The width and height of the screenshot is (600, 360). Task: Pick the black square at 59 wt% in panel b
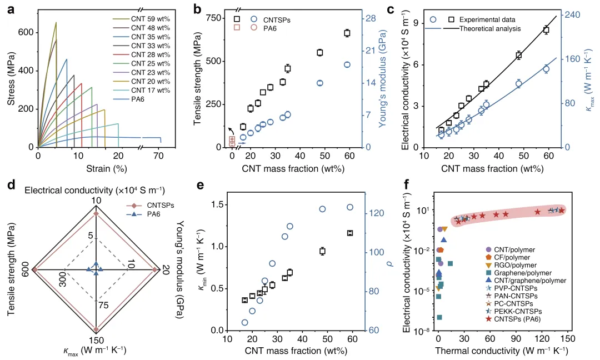(347, 33)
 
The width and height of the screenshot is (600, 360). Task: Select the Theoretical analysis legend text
(489, 28)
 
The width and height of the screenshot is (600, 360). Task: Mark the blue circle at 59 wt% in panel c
(546, 69)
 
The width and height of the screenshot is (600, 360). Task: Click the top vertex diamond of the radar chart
(97, 213)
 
